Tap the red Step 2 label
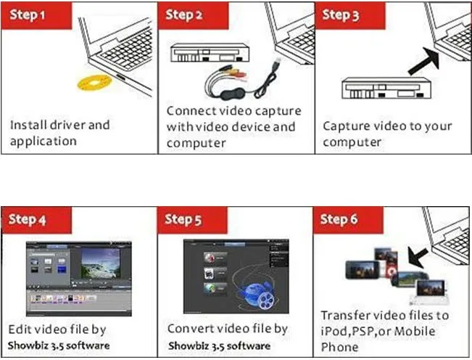tap(183, 15)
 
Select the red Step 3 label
tap(340, 15)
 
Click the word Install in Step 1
tap(28, 125)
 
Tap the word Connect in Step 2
tap(191, 111)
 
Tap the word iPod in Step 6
tap(335, 332)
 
